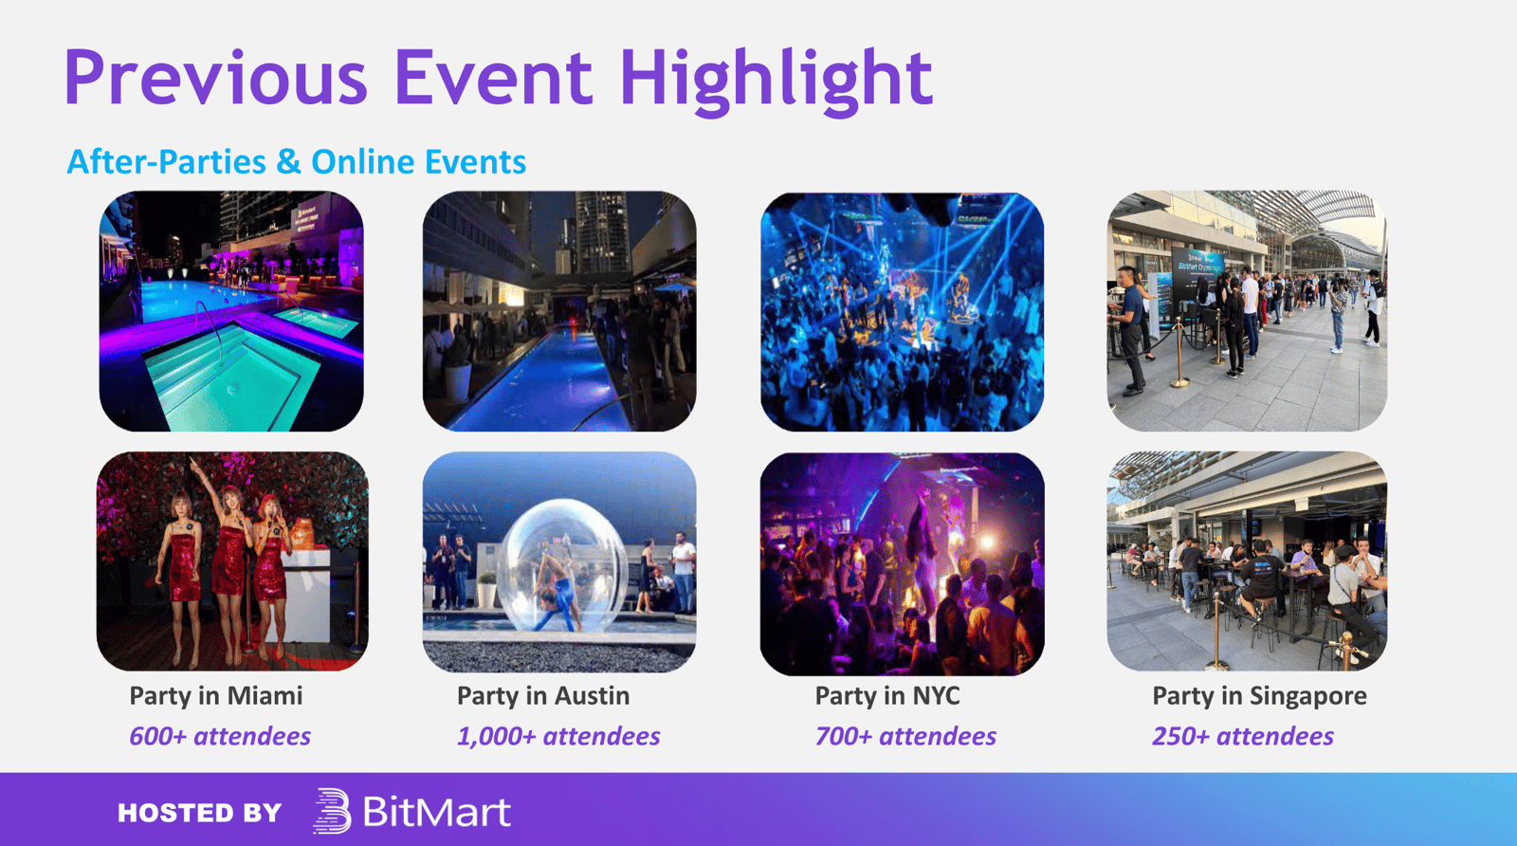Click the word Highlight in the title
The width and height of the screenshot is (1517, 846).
pos(777,80)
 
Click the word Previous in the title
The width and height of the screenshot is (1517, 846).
pos(215,77)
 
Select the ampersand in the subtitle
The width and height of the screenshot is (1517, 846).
pos(288,162)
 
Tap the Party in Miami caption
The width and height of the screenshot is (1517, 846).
pos(216,695)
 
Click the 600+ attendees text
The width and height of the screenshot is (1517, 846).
pos(220,736)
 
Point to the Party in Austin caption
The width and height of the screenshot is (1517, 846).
pos(543,695)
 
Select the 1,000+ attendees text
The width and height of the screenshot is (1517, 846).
pos(558,736)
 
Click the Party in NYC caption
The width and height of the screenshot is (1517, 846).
pos(887,695)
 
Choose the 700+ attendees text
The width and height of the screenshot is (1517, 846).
pos(905,736)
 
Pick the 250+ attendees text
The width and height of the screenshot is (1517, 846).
pos(1243,736)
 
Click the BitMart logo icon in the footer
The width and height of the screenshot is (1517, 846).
pos(332,811)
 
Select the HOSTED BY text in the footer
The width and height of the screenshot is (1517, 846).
pos(199,813)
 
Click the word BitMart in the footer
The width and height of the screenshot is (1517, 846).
pos(437,812)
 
